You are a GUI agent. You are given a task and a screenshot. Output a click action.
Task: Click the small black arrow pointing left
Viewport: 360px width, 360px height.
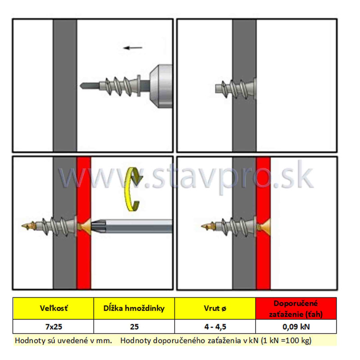coord(133,48)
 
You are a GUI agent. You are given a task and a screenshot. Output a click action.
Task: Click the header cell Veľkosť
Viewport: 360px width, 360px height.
coord(53,308)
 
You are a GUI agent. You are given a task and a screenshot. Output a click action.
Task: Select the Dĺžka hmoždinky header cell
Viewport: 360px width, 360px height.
coord(134,308)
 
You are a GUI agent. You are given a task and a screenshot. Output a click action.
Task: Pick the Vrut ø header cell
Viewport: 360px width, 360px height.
coord(215,308)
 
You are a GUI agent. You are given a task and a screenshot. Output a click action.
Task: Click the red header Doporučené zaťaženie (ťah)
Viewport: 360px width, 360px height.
coord(296,308)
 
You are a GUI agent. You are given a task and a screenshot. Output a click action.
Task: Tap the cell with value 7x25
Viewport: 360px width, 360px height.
coord(53,326)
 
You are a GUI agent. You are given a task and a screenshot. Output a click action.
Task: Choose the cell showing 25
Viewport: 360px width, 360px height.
coord(134,326)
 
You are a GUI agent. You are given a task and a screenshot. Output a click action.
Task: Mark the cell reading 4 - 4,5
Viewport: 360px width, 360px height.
coord(215,326)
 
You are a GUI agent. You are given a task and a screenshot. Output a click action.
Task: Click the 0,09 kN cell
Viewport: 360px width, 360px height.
coord(296,326)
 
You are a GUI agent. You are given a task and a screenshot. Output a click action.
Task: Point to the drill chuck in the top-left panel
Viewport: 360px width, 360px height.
coord(161,86)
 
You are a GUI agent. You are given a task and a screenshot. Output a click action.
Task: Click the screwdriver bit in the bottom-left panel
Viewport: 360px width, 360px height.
coord(131,226)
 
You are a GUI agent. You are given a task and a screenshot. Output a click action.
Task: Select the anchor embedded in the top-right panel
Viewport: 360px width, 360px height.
coord(235,88)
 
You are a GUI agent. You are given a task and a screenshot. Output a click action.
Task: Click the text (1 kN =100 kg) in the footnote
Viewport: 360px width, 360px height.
coord(286,340)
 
